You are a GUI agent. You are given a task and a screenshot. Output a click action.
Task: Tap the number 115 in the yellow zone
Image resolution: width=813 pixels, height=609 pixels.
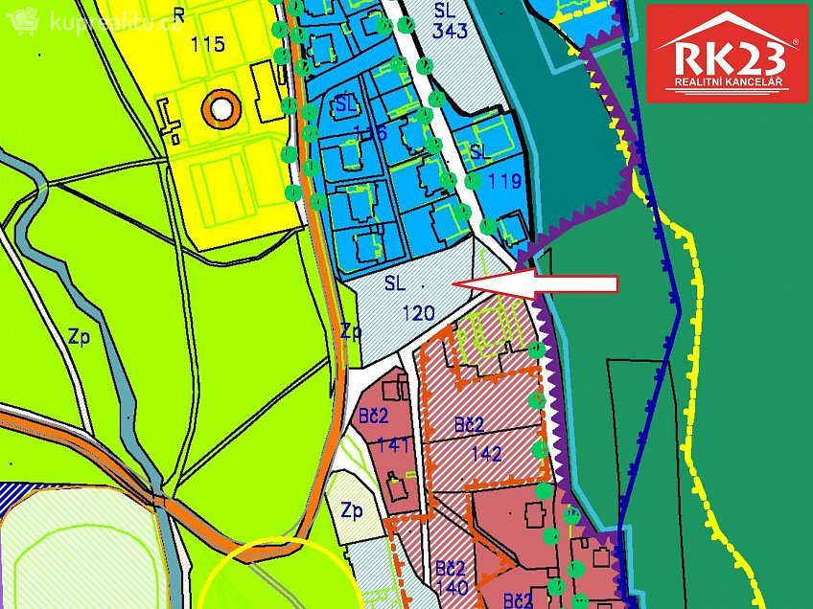click(x=207, y=44)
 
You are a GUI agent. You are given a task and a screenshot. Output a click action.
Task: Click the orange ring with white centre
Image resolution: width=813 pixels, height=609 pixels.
click(x=221, y=109)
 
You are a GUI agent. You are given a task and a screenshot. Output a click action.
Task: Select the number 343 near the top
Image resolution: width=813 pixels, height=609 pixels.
click(x=450, y=31)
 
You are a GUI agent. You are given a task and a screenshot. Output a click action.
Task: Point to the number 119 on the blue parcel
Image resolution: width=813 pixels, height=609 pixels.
click(x=504, y=181)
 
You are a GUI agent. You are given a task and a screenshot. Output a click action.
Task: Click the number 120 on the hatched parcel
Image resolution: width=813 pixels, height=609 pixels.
click(x=418, y=312)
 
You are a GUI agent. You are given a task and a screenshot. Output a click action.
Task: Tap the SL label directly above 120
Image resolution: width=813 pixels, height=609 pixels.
click(x=396, y=283)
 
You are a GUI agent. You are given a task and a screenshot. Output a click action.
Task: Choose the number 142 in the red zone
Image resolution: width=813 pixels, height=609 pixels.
click(x=486, y=454)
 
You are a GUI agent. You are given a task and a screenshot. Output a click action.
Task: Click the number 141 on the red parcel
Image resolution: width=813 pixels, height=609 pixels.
click(x=393, y=443)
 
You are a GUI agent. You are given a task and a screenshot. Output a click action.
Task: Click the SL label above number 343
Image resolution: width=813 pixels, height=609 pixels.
click(x=444, y=10)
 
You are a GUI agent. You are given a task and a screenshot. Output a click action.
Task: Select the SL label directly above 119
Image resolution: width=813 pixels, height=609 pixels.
click(x=480, y=153)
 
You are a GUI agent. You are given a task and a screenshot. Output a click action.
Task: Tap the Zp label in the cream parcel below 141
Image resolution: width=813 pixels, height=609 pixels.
click(x=352, y=510)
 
